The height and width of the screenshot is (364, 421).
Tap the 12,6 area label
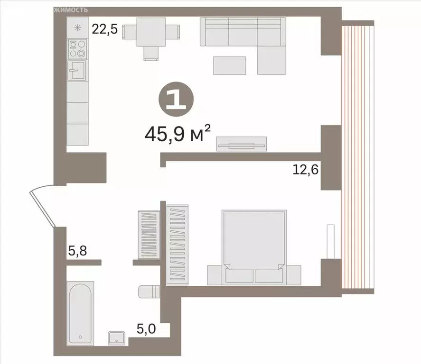[x=305, y=169]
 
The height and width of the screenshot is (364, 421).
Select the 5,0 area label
[x=147, y=328]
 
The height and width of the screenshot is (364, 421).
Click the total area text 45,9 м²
[x=177, y=135]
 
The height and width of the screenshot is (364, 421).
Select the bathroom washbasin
[x=117, y=337]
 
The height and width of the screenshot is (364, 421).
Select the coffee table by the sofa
[x=229, y=65]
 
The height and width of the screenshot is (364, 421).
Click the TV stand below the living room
[x=241, y=144]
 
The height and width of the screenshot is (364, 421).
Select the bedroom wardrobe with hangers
[x=178, y=244]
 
